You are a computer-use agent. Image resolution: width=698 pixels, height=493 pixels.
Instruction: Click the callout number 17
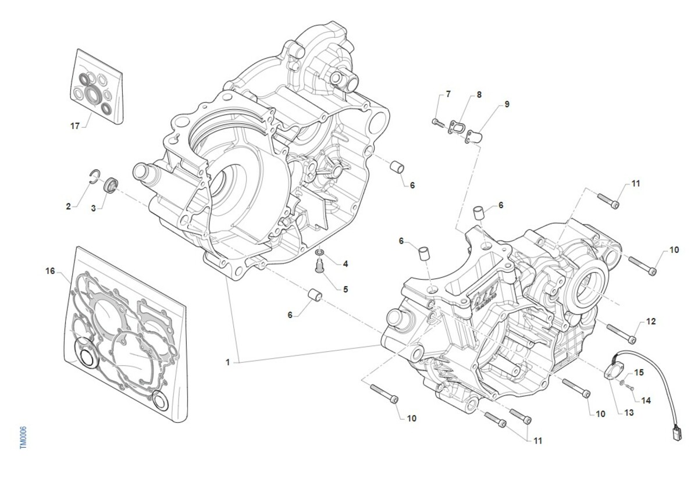tap(74, 125)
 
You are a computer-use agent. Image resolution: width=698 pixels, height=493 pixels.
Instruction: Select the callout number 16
tap(50, 271)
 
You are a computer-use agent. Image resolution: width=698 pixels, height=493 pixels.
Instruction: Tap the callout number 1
tap(229, 362)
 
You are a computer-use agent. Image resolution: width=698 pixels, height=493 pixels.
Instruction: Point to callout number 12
tap(650, 321)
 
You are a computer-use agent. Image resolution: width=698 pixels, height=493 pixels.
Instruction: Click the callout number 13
tap(629, 413)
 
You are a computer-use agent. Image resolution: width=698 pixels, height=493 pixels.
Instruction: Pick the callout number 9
tap(507, 104)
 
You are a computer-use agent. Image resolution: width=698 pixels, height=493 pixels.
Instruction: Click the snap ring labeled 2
tap(94, 176)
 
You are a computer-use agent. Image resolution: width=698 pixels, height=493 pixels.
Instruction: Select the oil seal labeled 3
tap(110, 185)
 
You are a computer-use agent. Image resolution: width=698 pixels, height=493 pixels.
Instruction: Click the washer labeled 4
tap(319, 254)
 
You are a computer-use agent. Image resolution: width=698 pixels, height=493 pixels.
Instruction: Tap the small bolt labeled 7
tap(436, 121)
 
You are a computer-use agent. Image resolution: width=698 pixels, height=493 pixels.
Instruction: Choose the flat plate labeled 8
tap(458, 127)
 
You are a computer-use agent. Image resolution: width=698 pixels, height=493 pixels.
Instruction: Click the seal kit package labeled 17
tap(99, 87)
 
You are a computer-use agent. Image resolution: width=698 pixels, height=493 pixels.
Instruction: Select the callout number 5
tap(345, 289)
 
